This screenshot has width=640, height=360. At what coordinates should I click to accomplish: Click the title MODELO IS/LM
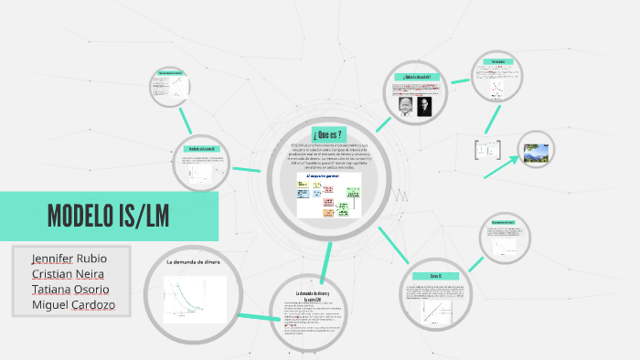(x=108, y=217)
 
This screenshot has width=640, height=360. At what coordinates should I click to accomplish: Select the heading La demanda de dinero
(x=193, y=262)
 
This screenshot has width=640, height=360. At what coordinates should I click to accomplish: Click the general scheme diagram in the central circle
(x=327, y=195)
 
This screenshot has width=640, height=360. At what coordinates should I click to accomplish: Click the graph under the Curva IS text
(x=435, y=311)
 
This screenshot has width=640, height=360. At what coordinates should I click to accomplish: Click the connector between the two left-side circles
(x=184, y=119)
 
